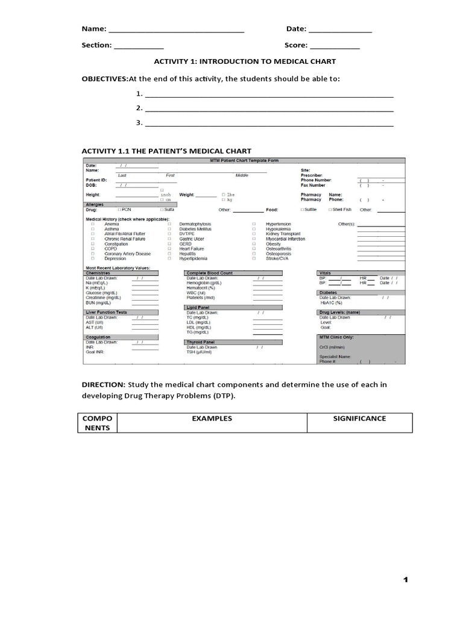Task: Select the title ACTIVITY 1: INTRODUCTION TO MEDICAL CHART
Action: pos(245,61)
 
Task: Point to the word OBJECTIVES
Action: pos(104,79)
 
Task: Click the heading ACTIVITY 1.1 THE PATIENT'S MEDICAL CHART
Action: pos(166,151)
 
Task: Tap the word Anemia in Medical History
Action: pos(112,224)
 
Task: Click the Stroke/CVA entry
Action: pos(277,258)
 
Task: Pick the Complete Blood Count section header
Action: pos(209,273)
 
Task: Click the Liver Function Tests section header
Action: pos(107,313)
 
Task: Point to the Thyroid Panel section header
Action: pos(201,342)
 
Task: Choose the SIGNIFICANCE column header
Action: pos(359,418)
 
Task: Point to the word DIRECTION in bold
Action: pos(103,384)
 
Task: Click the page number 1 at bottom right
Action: pos(406,580)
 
